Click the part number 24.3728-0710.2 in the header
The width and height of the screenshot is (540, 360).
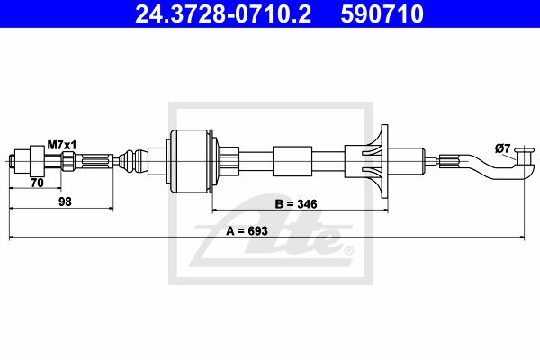click(223, 14)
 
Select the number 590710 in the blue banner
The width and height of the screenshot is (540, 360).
click(382, 14)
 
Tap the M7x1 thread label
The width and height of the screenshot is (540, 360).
click(61, 145)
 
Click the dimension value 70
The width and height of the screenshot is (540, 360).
click(37, 183)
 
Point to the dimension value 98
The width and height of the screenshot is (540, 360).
click(65, 202)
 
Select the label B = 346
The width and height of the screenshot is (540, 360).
click(296, 204)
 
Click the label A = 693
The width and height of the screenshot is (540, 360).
click(247, 230)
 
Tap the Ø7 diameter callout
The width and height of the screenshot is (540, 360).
click(502, 148)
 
